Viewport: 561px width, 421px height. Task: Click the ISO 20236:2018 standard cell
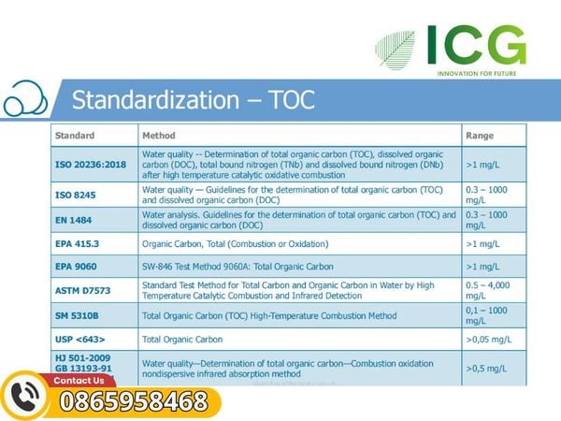pos(91,165)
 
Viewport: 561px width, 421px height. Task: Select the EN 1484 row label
pos(73,220)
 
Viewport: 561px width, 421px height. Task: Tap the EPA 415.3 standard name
pos(77,244)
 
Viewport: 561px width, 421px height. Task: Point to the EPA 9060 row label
pos(76,267)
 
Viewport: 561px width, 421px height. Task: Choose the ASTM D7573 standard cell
pos(82,290)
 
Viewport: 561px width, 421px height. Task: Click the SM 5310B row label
pos(77,316)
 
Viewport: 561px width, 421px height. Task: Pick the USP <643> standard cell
pos(79,339)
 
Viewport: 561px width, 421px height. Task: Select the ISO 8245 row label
pos(76,196)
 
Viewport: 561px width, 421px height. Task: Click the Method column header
pos(159,136)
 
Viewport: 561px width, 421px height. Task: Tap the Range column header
pos(480,136)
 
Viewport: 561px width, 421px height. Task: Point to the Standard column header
pos(75,136)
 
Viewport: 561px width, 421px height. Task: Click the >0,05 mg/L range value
pos(489,340)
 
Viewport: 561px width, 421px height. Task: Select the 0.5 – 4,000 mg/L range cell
pos(488,290)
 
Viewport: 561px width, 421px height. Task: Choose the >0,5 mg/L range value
pos(486,369)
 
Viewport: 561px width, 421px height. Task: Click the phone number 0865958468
pos(134,401)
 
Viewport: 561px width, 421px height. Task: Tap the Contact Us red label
pos(79,381)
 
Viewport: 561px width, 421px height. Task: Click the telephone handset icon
pos(24,397)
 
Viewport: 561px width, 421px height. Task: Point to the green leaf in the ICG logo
pos(395,50)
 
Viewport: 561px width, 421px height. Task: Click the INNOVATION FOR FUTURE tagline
pos(477,73)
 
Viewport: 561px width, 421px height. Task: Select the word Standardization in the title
pos(155,99)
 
